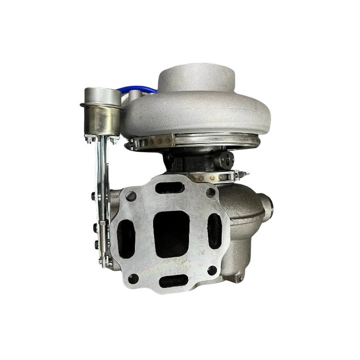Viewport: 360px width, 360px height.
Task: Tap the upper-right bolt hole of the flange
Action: [x=209, y=192]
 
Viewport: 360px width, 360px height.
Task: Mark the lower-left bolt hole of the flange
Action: [x=134, y=276]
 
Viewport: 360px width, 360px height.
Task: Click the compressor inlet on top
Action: [x=197, y=77]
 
